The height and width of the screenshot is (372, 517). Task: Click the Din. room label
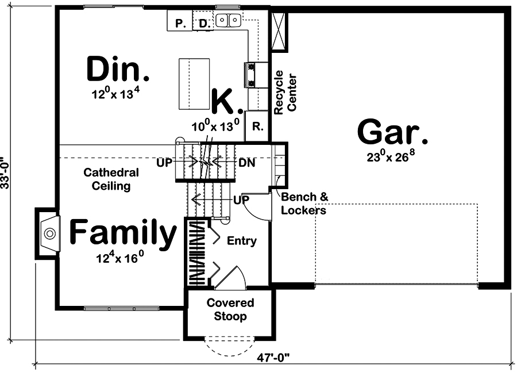pos(118,70)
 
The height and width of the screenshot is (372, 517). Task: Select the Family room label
pos(123,233)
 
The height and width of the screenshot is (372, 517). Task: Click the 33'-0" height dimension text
pos(6,172)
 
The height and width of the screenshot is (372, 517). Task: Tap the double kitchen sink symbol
pos(228,21)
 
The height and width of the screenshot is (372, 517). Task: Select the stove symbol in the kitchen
pos(252,74)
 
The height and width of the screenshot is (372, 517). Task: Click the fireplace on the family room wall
pos(48,233)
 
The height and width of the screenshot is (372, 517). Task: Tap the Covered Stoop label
pos(230,309)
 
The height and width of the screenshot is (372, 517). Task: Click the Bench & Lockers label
pos(304,204)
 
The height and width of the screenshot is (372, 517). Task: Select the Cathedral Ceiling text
pos(111,179)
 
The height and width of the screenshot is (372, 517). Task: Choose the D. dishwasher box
pos(205,23)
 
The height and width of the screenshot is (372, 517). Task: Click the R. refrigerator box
pos(257,126)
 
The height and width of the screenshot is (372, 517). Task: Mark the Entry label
pos(242,240)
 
